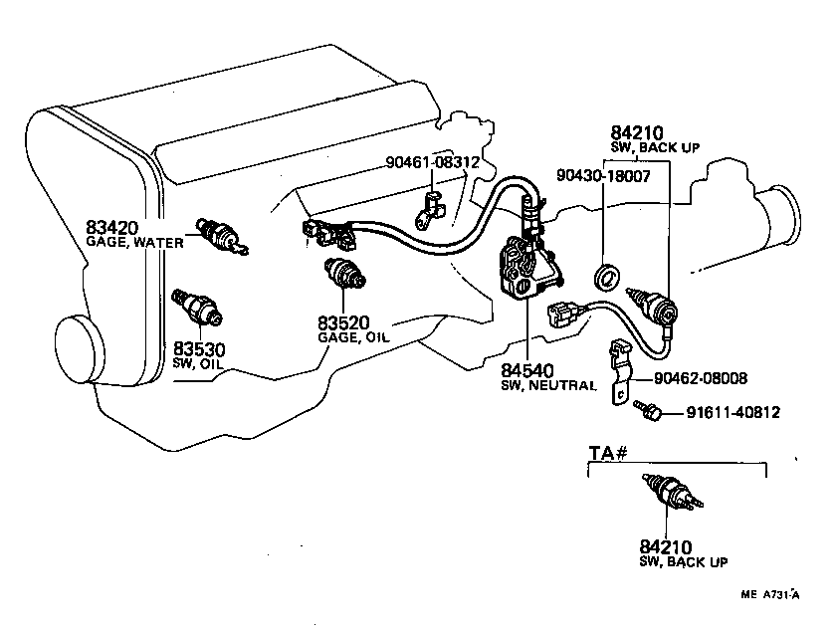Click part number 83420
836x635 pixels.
pos(111,226)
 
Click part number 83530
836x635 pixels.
pos(200,348)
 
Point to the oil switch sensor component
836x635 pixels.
pos(197,307)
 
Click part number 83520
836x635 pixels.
pos(345,322)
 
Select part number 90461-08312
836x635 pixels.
pos(434,161)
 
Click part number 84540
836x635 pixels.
pos(527,370)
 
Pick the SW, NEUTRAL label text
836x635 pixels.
pos(548,384)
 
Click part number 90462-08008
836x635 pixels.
pos(702,378)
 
